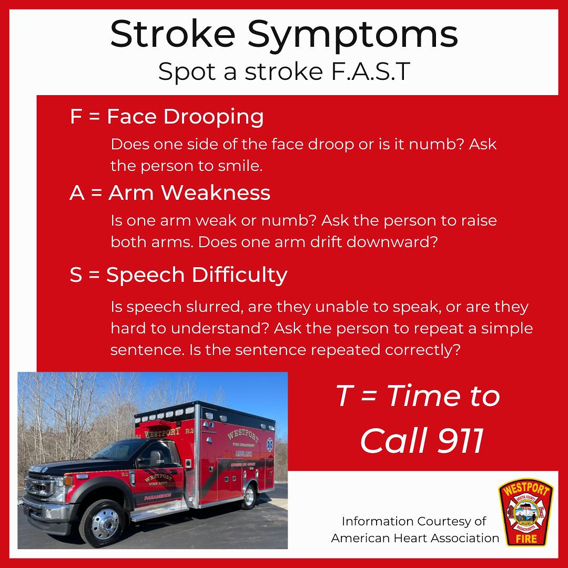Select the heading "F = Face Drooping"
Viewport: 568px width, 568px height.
tap(167, 117)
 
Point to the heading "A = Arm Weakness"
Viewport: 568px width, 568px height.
tap(170, 193)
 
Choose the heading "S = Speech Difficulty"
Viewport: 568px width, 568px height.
tap(178, 275)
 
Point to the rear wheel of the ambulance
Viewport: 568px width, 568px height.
tap(247, 496)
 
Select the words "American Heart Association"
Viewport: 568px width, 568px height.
tap(415, 538)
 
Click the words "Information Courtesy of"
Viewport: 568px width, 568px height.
tap(414, 521)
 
